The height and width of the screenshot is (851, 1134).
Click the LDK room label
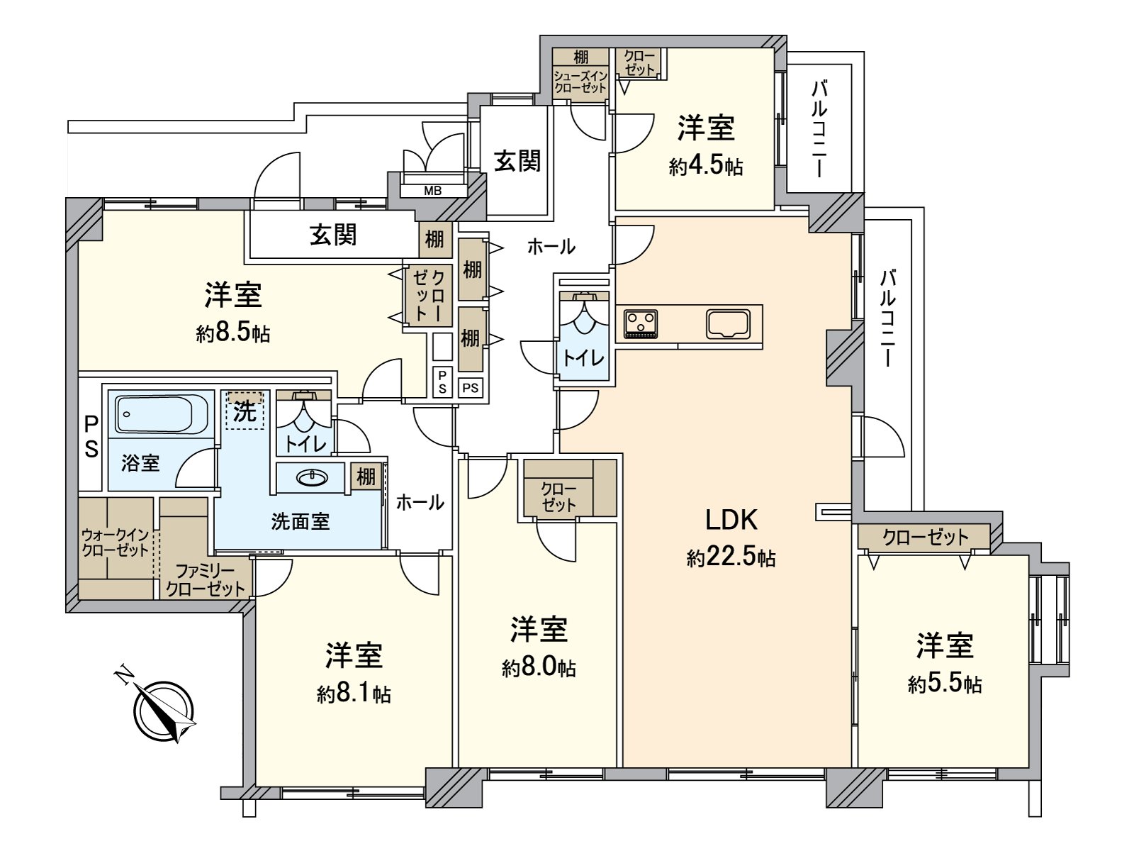point(731,520)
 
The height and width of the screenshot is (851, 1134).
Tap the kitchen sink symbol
point(727,324)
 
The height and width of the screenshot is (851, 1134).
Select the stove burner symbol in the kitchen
point(641,324)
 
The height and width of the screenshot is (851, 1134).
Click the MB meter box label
point(432,190)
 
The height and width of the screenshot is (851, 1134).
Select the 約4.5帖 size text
point(705,167)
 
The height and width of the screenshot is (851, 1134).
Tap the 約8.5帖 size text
point(233,333)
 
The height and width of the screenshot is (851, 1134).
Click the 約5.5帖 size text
point(944,684)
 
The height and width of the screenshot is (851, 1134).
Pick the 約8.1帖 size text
point(354,693)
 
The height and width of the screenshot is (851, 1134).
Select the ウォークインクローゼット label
point(115,542)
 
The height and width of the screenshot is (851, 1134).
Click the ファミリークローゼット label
point(205,579)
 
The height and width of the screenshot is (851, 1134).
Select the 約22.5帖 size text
point(731,558)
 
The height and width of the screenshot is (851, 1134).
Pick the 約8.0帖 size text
point(539,667)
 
